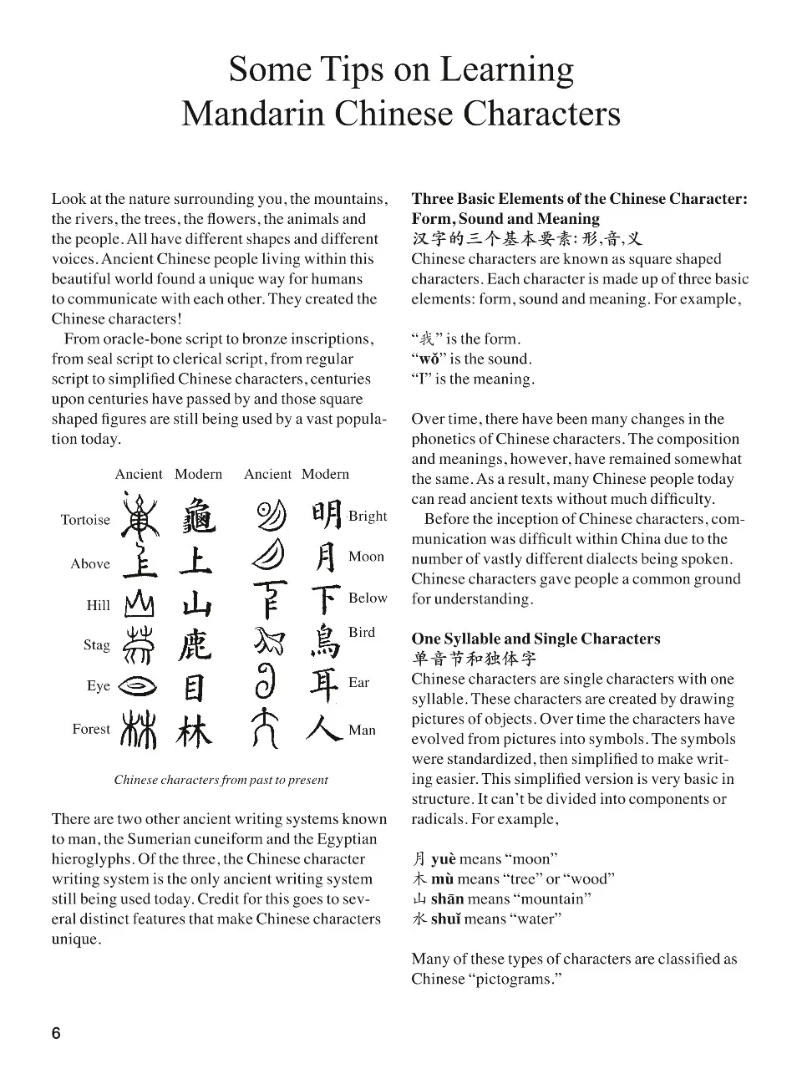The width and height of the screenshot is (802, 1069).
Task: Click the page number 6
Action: tap(56, 1034)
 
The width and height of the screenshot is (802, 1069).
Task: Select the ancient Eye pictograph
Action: tap(138, 685)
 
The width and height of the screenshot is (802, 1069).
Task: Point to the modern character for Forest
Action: tap(195, 731)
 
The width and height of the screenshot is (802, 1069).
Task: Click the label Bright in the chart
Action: tap(368, 516)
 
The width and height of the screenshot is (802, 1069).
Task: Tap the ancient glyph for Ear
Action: tap(267, 683)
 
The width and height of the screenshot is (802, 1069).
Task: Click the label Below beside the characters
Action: tap(368, 598)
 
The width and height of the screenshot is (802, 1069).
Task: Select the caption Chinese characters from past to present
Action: tap(221, 780)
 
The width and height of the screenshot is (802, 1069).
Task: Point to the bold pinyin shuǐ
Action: tap(445, 919)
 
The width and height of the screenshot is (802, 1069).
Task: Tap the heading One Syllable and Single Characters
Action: tap(536, 639)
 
